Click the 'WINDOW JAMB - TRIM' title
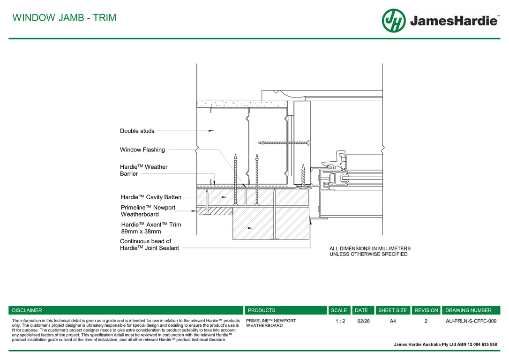(x=64, y=18)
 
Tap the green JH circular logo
(x=394, y=21)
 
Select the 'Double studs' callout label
(x=137, y=131)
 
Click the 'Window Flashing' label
(x=142, y=150)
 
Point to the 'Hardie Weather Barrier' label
(x=143, y=170)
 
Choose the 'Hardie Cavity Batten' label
(x=151, y=197)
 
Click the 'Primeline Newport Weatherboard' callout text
(x=148, y=211)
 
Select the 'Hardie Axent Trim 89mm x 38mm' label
(x=150, y=228)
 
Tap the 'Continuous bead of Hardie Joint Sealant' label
(x=149, y=245)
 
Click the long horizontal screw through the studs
(x=283, y=142)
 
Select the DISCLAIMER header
(x=27, y=310)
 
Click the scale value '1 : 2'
(x=340, y=321)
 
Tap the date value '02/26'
(x=363, y=321)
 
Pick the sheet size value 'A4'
(x=393, y=321)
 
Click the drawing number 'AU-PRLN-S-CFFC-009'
(x=471, y=321)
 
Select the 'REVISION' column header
(x=426, y=310)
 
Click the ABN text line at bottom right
(x=445, y=345)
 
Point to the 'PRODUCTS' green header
(x=262, y=310)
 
